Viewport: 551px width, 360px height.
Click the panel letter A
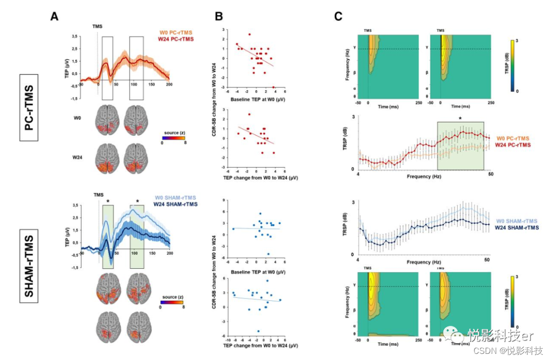tap(55, 16)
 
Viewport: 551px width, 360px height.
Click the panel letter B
tap(218, 16)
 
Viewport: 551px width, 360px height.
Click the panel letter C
tap(338, 17)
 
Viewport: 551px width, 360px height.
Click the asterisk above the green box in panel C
tap(460, 118)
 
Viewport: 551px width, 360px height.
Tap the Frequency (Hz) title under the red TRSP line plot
tap(423, 176)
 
